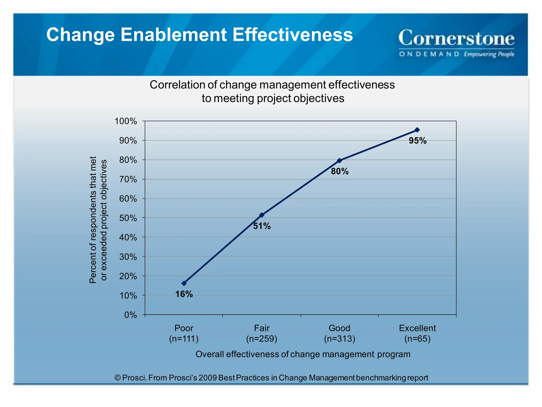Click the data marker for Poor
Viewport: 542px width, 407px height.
pyautogui.click(x=184, y=283)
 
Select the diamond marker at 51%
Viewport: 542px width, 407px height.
pyautogui.click(x=262, y=215)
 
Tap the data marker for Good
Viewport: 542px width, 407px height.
pyautogui.click(x=340, y=161)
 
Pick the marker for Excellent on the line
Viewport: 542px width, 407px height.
pyautogui.click(x=417, y=130)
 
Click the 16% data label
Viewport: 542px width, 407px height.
pyautogui.click(x=184, y=294)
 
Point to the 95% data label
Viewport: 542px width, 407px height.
pyautogui.click(x=417, y=141)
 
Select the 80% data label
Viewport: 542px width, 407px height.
pyautogui.click(x=340, y=171)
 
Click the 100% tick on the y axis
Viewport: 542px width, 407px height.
pyautogui.click(x=126, y=121)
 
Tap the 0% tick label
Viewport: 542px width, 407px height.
pyautogui.click(x=130, y=315)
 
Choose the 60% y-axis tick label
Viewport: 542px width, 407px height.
pyautogui.click(x=128, y=199)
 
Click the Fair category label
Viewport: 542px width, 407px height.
pyautogui.click(x=262, y=328)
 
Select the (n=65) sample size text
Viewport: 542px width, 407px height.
pyautogui.click(x=417, y=339)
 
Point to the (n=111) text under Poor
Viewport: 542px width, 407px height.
pyautogui.click(x=184, y=339)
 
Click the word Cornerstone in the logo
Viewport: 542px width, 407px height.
pyautogui.click(x=456, y=38)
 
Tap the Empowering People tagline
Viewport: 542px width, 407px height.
pyautogui.click(x=489, y=54)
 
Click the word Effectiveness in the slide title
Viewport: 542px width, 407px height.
pyautogui.click(x=292, y=35)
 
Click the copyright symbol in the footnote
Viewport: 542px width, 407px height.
pyautogui.click(x=118, y=378)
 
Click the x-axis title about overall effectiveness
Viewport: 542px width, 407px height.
pyautogui.click(x=303, y=354)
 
